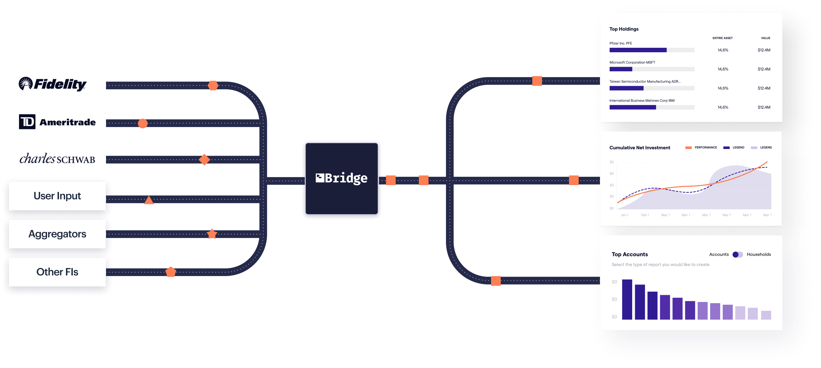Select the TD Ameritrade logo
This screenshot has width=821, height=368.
tap(57, 122)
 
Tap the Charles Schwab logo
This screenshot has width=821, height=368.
tap(57, 158)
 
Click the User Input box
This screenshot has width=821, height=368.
tap(57, 196)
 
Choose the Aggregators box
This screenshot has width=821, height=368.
tap(57, 234)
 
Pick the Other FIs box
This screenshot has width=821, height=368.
tap(57, 272)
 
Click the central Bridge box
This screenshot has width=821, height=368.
tap(342, 178)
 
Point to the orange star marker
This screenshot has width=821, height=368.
tap(212, 234)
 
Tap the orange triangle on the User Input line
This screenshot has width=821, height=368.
tap(149, 200)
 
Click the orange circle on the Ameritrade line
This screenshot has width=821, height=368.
tap(143, 123)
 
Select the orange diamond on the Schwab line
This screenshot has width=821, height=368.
tap(204, 160)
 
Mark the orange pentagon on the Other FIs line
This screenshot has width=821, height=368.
tap(171, 272)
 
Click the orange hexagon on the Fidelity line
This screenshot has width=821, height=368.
tap(213, 85)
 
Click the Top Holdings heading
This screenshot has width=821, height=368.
tap(624, 29)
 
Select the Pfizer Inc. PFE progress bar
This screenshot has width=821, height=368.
tap(652, 50)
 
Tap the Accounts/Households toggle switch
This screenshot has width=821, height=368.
tap(738, 254)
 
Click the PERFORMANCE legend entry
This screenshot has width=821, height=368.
tap(701, 147)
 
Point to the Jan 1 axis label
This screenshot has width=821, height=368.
tap(624, 215)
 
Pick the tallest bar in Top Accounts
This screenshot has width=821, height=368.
tap(627, 299)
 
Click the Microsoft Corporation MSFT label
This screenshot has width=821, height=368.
tap(632, 62)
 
